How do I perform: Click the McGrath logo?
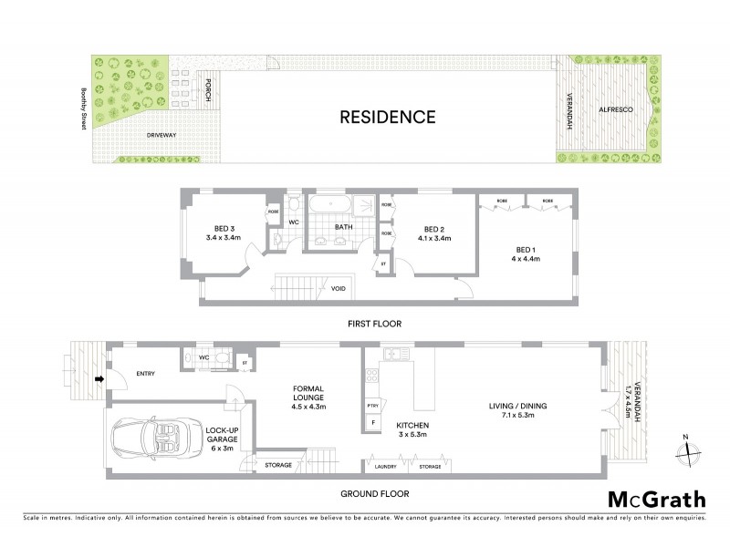point(656,499)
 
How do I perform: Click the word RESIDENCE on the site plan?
point(387,117)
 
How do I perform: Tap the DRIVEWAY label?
point(161,135)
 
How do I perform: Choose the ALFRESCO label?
point(613,110)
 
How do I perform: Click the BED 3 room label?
point(224,229)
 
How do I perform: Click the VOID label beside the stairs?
point(339,289)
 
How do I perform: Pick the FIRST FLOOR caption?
point(374,324)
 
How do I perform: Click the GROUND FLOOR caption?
point(374,493)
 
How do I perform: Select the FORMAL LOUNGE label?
point(308,394)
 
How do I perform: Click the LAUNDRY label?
point(385,466)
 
